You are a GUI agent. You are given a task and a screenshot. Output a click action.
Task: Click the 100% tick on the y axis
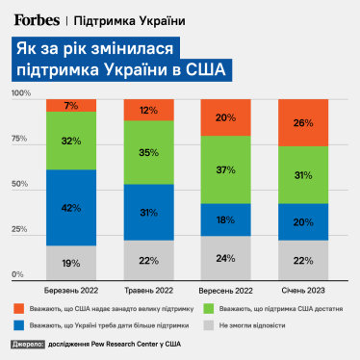(21, 92)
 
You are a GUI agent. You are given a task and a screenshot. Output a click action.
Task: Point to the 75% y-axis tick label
(19, 138)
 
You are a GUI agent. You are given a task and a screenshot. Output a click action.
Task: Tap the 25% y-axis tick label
(19, 229)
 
